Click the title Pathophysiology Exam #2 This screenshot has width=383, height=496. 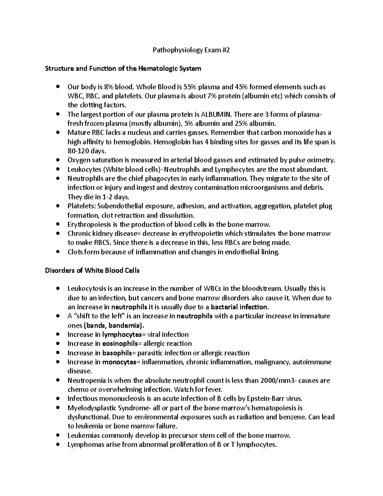tap(191, 50)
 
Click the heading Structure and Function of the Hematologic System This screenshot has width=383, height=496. tap(123, 68)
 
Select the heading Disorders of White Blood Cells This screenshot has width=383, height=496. tap(92, 271)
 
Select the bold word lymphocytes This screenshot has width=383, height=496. tap(122, 335)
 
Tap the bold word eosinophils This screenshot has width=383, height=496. tap(121, 344)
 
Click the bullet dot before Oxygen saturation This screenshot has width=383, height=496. tap(57, 160)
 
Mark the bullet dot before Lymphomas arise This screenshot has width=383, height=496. tap(57, 445)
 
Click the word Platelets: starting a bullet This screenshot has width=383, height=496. tap(81, 206)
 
